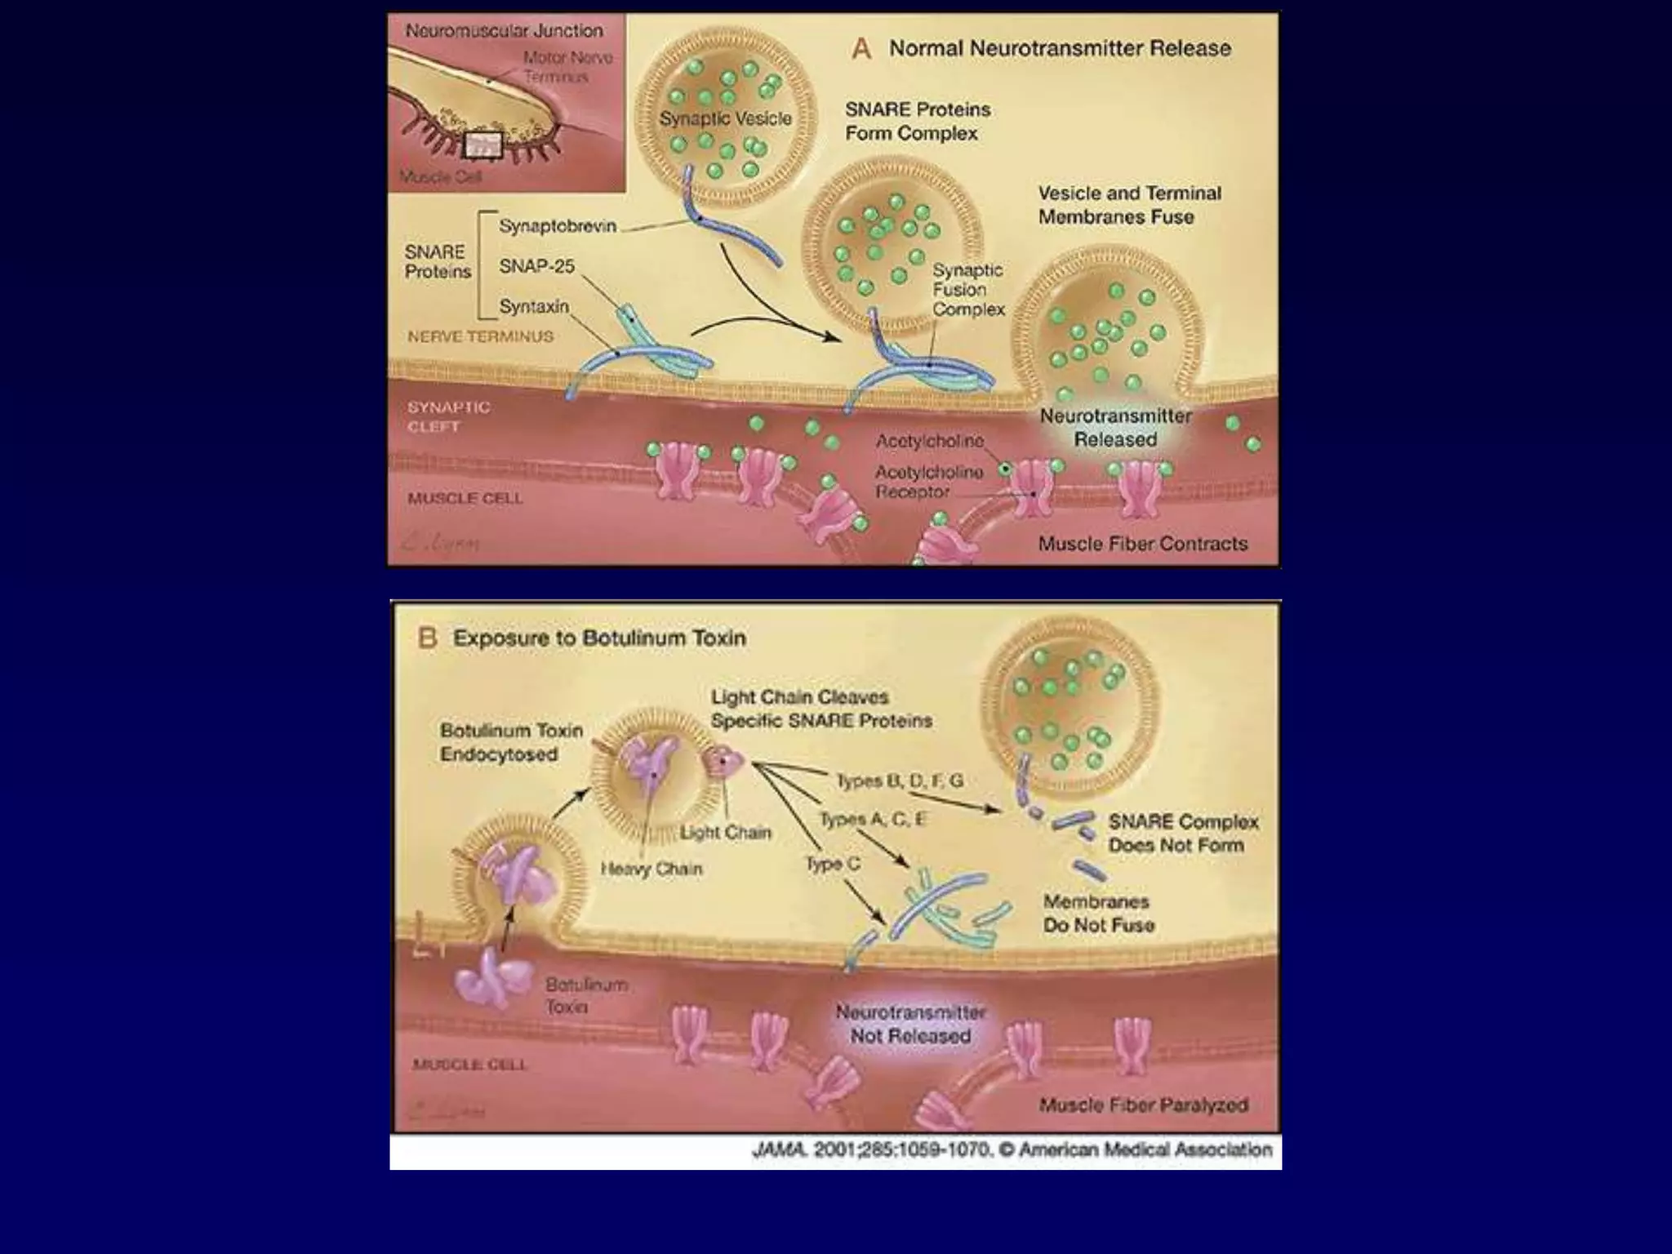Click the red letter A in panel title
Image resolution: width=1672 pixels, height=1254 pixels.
pos(861,49)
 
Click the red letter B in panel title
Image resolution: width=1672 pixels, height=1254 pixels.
pos(428,638)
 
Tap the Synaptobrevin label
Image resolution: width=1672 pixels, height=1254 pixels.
pos(558,226)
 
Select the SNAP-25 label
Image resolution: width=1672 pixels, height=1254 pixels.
pos(536,266)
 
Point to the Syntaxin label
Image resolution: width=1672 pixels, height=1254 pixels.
pos(534,306)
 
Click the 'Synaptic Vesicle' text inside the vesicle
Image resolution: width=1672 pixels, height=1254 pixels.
pos(725,119)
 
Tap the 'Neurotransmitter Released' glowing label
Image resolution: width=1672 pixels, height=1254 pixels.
pos(1115,428)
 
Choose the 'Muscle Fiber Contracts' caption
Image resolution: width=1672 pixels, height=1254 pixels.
pos(1143,544)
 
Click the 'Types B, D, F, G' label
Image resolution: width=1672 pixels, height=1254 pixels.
pos(900,781)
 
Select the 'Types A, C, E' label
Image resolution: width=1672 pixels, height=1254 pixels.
pos(872,819)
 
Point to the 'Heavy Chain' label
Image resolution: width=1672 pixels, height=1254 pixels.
pos(651,869)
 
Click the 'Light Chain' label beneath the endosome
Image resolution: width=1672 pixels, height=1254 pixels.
pos(726,833)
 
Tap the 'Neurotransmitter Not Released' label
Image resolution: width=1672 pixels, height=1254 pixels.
pos(910,1024)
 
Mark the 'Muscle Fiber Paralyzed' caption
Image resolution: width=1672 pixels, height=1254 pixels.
pos(1143,1105)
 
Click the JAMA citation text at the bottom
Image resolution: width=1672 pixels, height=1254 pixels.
pos(1012,1150)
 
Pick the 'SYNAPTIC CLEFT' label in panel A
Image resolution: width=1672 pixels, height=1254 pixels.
pos(448,416)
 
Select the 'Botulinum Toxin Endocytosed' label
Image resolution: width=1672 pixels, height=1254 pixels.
pos(511,742)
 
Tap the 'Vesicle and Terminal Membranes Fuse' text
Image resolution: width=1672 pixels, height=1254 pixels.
pos(1129,205)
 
